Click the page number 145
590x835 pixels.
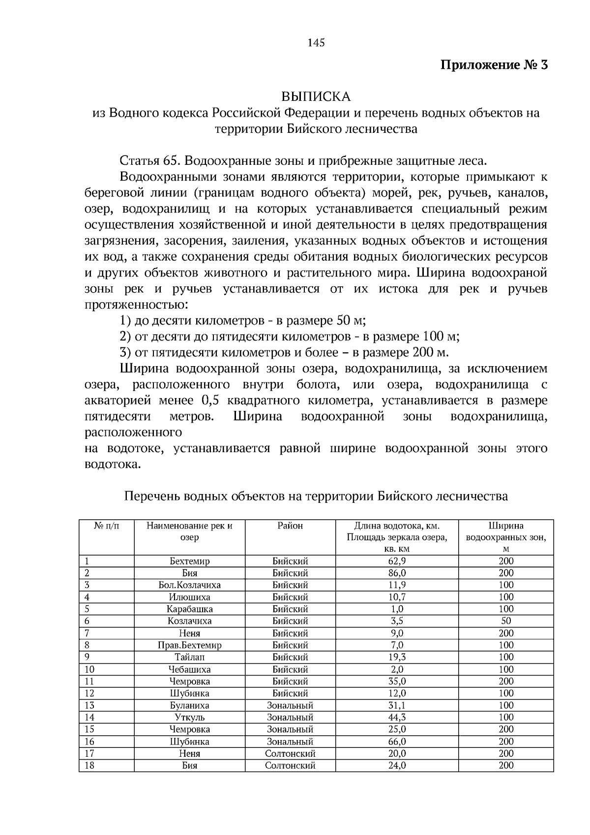pyautogui.click(x=316, y=43)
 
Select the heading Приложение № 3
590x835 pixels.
pyautogui.click(x=493, y=65)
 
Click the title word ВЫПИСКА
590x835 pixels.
pyautogui.click(x=316, y=96)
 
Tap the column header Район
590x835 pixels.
pyautogui.click(x=290, y=526)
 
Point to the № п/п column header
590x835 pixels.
pyautogui.click(x=106, y=526)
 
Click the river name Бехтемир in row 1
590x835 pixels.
pyautogui.click(x=189, y=561)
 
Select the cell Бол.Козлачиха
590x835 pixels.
pyautogui.click(x=189, y=585)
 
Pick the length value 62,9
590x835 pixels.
pyautogui.click(x=397, y=561)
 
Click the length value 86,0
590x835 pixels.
pyautogui.click(x=397, y=573)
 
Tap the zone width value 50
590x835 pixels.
pyautogui.click(x=506, y=621)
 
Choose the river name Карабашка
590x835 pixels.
pyautogui.click(x=189, y=609)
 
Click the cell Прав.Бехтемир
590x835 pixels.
pyautogui.click(x=189, y=645)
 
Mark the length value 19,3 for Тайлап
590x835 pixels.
pyautogui.click(x=397, y=657)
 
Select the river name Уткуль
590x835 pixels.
pyautogui.click(x=189, y=717)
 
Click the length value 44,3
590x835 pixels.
pyautogui.click(x=397, y=717)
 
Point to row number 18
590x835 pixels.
pyautogui.click(x=89, y=765)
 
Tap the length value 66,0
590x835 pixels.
pyautogui.click(x=397, y=742)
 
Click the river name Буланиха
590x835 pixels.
pyautogui.click(x=189, y=705)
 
